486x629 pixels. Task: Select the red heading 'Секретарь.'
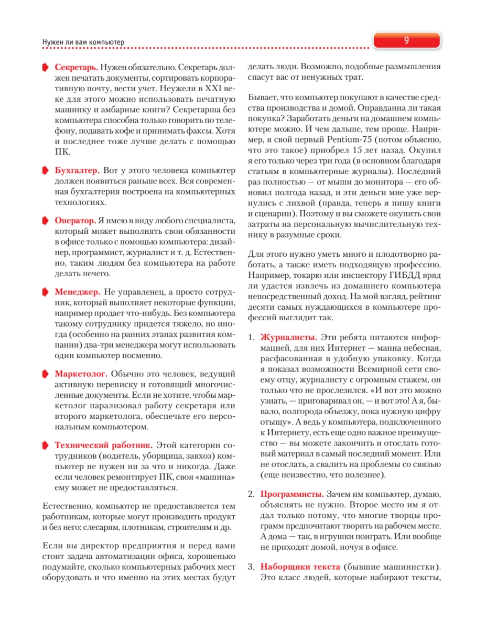76,68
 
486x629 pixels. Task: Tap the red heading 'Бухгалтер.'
77,170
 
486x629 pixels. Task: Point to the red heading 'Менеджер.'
77,291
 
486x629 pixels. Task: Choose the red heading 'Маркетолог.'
81,374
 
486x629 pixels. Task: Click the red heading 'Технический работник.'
104,446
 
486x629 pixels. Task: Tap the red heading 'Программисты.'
292,494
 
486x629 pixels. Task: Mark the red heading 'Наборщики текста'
301,567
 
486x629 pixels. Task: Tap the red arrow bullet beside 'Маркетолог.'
45,374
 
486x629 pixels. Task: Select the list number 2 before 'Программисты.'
251,494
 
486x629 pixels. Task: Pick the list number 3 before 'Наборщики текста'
251,567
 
